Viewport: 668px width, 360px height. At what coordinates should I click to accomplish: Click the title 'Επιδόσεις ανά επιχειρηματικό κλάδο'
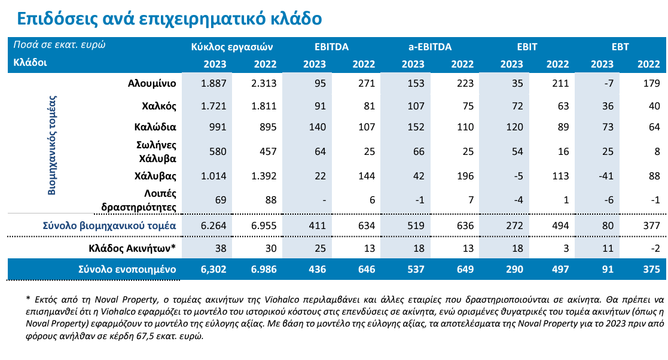click(169, 19)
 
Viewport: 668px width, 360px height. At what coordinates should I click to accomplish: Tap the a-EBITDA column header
click(429, 46)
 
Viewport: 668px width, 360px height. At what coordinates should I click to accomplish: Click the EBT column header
click(620, 46)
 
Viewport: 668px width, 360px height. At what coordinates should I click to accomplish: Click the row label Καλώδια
click(155, 127)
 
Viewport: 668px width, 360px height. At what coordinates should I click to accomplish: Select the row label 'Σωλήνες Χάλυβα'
click(157, 152)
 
